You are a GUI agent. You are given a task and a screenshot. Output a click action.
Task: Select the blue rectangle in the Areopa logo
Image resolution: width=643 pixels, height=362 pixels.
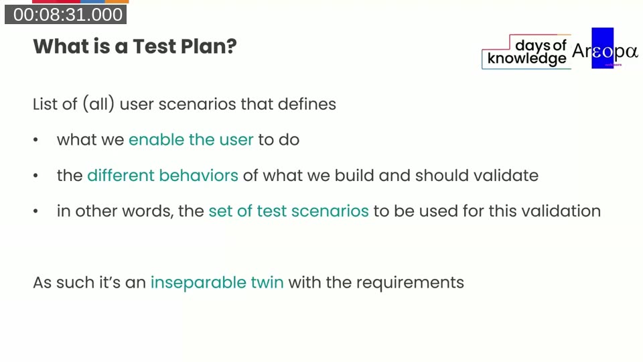[602, 48]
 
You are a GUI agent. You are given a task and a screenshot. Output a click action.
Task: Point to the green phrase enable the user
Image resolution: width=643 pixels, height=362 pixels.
[191, 139]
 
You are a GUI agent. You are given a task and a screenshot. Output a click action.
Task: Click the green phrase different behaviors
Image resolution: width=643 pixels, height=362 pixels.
[163, 176]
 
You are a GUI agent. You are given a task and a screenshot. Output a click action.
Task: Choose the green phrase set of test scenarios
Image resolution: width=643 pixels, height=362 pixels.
[289, 211]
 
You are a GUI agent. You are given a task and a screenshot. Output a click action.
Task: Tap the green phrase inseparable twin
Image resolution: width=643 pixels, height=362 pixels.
[217, 282]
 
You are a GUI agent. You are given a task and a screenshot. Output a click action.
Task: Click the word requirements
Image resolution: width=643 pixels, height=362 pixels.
[410, 282]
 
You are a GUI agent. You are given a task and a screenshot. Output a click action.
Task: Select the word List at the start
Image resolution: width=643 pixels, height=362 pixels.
[44, 105]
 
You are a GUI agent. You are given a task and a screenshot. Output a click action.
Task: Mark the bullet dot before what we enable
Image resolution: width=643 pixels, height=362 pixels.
[35, 141]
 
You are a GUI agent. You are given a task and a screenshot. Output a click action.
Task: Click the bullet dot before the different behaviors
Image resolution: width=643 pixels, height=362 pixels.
[35, 176]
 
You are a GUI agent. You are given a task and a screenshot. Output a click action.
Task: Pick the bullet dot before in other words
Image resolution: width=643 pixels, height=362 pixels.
[35, 212]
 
